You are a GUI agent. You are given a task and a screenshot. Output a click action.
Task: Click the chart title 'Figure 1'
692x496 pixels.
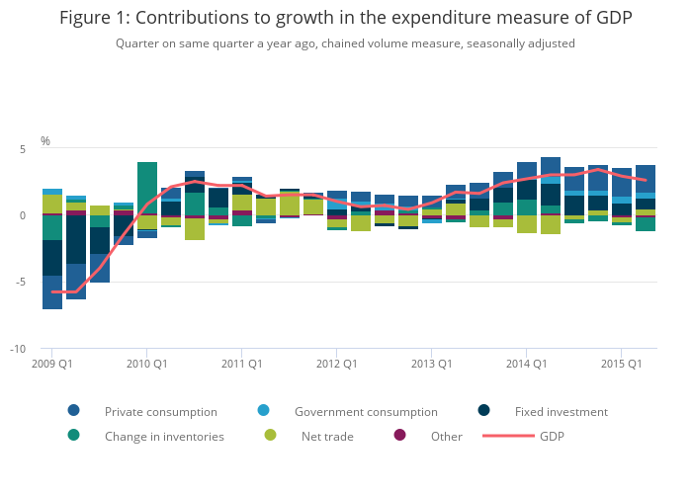[x=345, y=18]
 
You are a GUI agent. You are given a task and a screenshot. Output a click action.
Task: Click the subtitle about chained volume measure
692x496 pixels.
[x=345, y=43]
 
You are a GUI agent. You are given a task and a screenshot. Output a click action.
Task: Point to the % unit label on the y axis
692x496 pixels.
[x=45, y=141]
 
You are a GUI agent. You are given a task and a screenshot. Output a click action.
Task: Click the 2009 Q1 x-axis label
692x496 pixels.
[x=52, y=364]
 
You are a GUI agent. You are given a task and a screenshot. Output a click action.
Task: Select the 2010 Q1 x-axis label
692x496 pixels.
[x=147, y=364]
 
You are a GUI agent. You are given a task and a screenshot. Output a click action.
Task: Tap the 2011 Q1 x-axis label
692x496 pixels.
[x=242, y=364]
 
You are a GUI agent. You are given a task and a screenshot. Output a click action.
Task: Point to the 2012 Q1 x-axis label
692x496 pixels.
[x=337, y=364]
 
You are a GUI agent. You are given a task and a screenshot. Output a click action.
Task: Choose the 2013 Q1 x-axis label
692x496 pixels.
[x=432, y=364]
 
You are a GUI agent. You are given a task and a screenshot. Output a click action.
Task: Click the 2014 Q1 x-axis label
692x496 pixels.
[x=527, y=364]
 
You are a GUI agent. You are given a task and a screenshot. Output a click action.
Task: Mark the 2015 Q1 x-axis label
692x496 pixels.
[x=622, y=364]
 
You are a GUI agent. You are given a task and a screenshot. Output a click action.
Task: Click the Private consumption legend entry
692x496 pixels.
[x=160, y=412]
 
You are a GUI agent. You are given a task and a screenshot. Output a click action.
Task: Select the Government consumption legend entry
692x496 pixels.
[x=365, y=412]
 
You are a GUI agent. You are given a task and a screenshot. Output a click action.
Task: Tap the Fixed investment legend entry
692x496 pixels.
[x=561, y=412]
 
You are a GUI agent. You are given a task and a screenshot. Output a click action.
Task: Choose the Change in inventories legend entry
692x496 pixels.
[x=164, y=437]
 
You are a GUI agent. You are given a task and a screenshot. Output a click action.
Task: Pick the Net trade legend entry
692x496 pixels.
[x=327, y=437]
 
